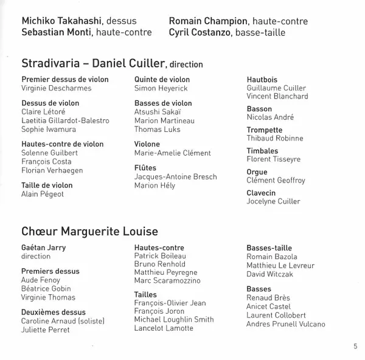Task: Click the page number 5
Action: tap(355, 347)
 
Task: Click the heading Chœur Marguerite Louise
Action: tap(89, 232)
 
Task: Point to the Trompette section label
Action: tap(265, 130)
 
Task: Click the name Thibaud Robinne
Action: tap(274, 139)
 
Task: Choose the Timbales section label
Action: tap(262, 151)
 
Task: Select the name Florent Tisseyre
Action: tap(273, 159)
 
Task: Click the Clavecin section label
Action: tap(261, 193)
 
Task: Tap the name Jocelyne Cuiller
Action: tap(273, 202)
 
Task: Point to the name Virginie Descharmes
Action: tap(56, 88)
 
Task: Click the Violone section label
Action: tap(147, 145)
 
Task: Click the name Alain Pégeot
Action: tap(43, 194)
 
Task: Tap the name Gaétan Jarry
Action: tap(44, 248)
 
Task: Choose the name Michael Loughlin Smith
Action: tap(174, 320)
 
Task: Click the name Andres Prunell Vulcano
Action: tap(285, 324)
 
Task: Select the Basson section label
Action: tap(260, 109)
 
